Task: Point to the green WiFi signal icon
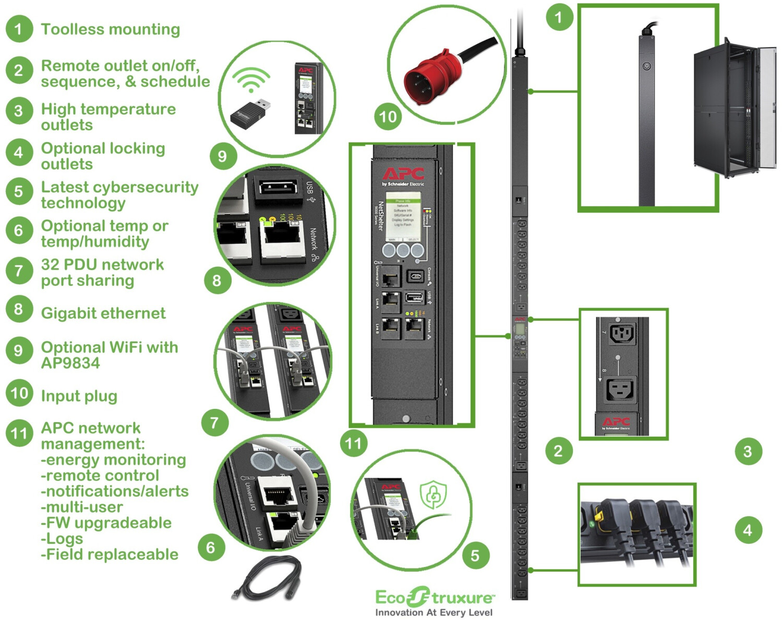[251, 80]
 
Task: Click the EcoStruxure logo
[434, 597]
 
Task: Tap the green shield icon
[434, 494]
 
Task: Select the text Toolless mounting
[111, 29]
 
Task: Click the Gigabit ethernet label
[103, 313]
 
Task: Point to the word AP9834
[70, 363]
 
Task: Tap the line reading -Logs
[62, 539]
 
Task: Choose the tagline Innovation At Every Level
[434, 612]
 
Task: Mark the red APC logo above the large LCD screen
[403, 174]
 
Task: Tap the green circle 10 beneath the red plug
[388, 116]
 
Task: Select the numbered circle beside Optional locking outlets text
[19, 153]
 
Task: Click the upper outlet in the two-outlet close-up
[622, 333]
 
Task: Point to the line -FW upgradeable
[106, 523]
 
